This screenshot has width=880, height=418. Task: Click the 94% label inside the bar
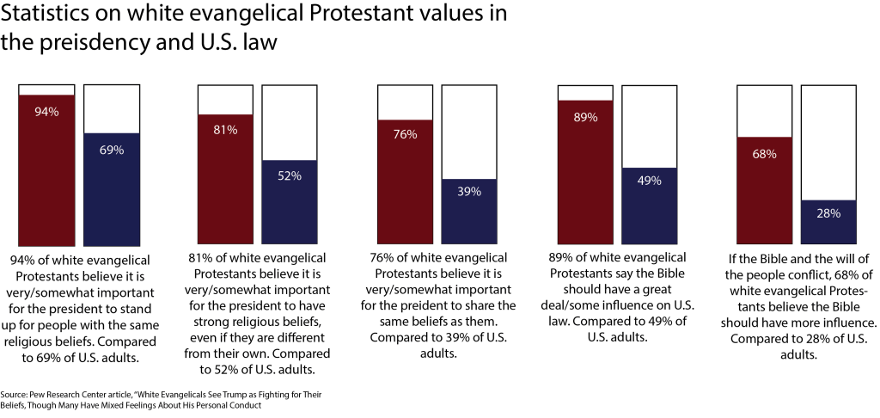pyautogui.click(x=46, y=111)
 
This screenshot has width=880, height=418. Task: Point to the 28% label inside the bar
pyautogui.click(x=828, y=213)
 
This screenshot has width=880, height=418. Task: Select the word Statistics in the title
pyautogui.click(x=48, y=14)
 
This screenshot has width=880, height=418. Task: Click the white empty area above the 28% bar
pyautogui.click(x=829, y=142)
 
